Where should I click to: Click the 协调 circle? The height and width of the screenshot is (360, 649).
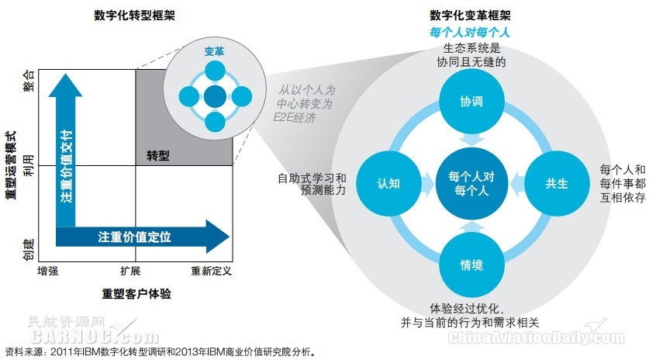pos(471,102)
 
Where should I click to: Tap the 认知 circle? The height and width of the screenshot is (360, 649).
pos(388,184)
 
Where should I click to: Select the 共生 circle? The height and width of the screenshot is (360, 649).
pos(557,184)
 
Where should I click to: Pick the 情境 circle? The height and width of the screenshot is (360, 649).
pos(471,266)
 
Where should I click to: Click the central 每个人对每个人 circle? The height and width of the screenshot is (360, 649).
pos(471,184)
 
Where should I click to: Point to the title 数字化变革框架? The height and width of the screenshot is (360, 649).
pos(471,16)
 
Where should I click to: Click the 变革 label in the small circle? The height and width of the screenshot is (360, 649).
pos(214,51)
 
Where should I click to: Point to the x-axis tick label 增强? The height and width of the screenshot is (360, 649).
pos(48,271)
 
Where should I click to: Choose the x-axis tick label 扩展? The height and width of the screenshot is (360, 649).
pos(130,271)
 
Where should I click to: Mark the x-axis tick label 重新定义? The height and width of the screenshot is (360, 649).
pos(211,271)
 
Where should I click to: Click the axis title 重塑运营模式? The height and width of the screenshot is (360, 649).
pos(10,157)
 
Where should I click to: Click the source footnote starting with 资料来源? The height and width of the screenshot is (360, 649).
pos(160,351)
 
